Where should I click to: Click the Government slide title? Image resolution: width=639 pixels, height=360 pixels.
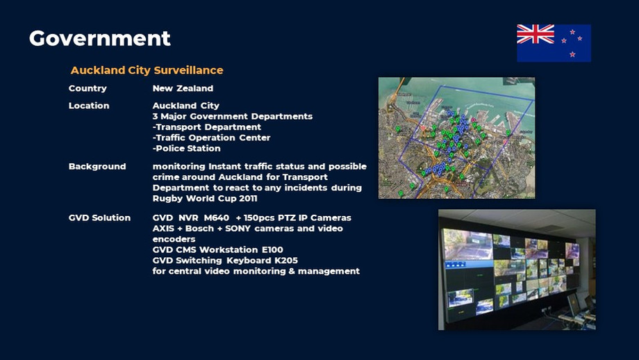pyautogui.click(x=99, y=38)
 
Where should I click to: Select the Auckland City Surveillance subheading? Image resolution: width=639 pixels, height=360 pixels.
pyautogui.click(x=147, y=71)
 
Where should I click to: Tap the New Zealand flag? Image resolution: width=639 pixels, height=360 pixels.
pyautogui.click(x=554, y=43)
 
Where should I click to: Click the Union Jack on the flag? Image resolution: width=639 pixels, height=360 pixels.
pyautogui.click(x=536, y=33)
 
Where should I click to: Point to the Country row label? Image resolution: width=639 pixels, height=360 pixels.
pyautogui.click(x=88, y=89)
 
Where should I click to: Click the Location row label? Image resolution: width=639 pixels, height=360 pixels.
pyautogui.click(x=89, y=106)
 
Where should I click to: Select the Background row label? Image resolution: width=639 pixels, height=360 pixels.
pyautogui.click(x=97, y=167)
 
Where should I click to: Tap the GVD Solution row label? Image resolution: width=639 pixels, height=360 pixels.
pyautogui.click(x=99, y=218)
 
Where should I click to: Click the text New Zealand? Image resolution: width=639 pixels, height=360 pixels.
pyautogui.click(x=183, y=89)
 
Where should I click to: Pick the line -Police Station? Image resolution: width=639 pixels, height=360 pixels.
pyautogui.click(x=186, y=148)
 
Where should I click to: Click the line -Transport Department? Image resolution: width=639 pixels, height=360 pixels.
pyautogui.click(x=206, y=127)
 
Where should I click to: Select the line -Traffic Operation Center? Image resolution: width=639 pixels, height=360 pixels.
pyautogui.click(x=211, y=138)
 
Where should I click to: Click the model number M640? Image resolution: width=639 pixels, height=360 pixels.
pyautogui.click(x=216, y=218)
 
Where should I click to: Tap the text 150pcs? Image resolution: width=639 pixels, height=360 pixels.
pyautogui.click(x=261, y=218)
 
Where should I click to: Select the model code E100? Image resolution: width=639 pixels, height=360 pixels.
pyautogui.click(x=270, y=249)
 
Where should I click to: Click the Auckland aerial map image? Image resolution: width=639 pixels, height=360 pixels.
pyautogui.click(x=456, y=138)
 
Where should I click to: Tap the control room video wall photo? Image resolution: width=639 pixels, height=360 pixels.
pyautogui.click(x=516, y=269)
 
